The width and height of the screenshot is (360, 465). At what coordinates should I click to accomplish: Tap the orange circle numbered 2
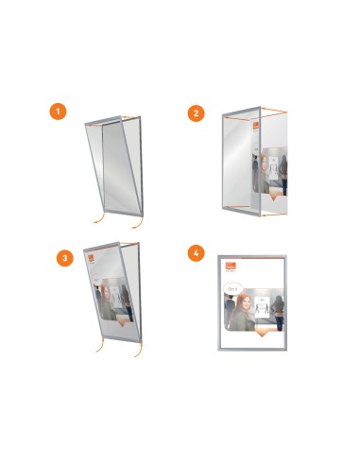(x=196, y=112)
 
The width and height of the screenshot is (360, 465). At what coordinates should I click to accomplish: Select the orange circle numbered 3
(x=64, y=255)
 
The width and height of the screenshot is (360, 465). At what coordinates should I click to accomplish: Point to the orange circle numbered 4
(x=196, y=253)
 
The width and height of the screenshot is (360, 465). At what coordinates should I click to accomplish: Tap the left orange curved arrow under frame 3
(x=99, y=351)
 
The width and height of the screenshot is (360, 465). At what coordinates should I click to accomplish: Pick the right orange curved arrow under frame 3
(x=137, y=350)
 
